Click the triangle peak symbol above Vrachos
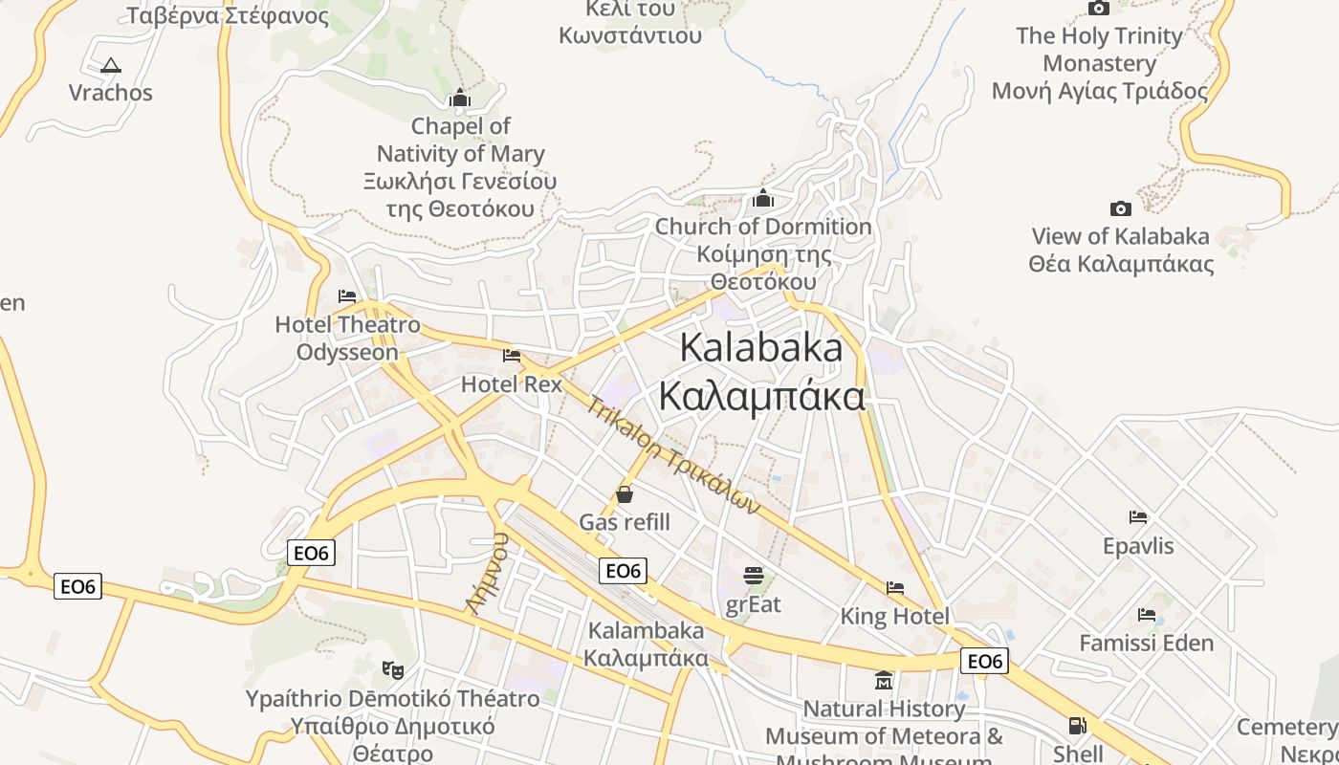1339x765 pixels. click(x=111, y=66)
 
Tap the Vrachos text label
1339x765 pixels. click(x=111, y=93)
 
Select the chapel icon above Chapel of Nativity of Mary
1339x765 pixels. click(x=460, y=98)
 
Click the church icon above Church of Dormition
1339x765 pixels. click(x=763, y=198)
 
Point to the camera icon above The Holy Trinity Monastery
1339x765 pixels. click(x=1099, y=9)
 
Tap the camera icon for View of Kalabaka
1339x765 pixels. click(x=1120, y=208)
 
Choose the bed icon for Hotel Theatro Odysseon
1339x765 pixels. click(x=347, y=297)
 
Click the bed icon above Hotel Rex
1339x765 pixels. click(x=512, y=357)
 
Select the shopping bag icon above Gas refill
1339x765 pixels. click(x=625, y=494)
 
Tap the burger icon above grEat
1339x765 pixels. click(x=754, y=576)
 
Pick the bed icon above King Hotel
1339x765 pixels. click(x=895, y=587)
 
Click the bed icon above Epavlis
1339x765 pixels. click(x=1138, y=517)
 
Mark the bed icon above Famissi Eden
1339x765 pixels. click(x=1147, y=614)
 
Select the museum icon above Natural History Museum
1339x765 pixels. click(x=884, y=680)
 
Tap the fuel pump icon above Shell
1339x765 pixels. click(x=1078, y=726)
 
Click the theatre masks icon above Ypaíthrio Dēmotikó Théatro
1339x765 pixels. click(x=391, y=669)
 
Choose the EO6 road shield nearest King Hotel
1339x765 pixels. click(x=984, y=661)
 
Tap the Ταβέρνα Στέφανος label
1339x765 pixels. click(x=228, y=16)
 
